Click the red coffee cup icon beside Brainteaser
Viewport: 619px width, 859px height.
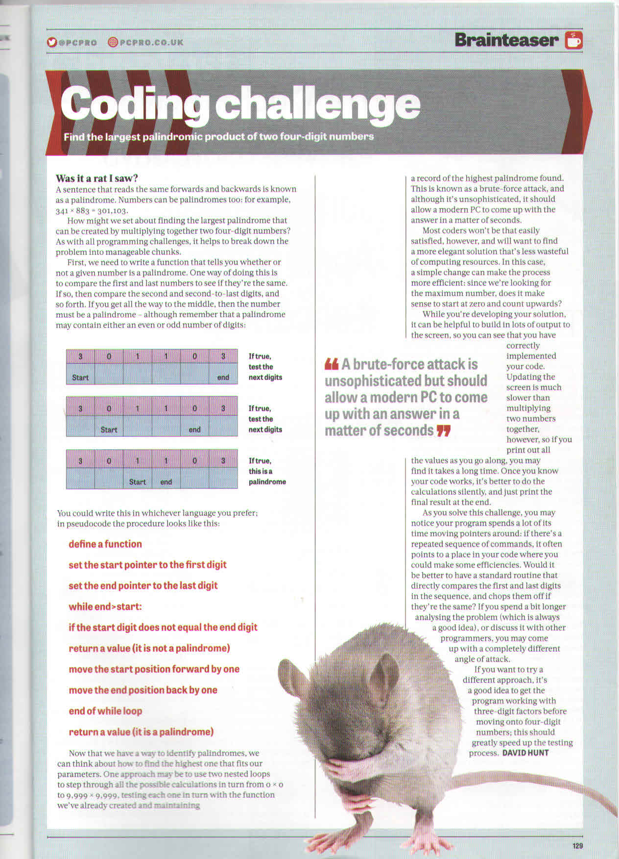573,41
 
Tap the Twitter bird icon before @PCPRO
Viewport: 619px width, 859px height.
51,42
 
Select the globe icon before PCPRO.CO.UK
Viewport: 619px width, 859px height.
113,42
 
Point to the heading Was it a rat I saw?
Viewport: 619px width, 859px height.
97,178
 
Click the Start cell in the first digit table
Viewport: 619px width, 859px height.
80,378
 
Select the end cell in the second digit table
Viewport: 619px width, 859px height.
194,429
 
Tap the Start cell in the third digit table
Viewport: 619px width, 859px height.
137,482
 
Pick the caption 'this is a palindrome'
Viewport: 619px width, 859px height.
267,477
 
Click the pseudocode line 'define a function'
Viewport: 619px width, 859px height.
105,544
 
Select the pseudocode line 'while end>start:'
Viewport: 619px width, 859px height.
105,606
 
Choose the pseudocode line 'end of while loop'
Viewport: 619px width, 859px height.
105,711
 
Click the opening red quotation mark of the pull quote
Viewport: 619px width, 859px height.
332,364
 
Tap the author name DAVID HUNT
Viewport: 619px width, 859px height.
525,753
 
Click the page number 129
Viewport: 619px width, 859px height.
577,845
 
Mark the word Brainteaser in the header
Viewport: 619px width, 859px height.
506,40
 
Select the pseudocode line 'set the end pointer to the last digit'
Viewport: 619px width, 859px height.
143,585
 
